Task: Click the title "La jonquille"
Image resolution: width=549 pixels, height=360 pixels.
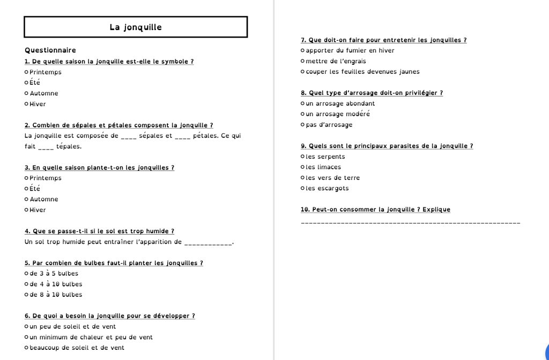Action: [136, 27]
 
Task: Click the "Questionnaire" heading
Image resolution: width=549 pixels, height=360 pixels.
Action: [50, 50]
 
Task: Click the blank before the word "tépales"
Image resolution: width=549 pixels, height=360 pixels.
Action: [46, 147]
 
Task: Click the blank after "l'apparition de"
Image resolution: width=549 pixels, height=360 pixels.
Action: [208, 243]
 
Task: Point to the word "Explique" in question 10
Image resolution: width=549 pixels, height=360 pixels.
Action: [436, 209]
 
